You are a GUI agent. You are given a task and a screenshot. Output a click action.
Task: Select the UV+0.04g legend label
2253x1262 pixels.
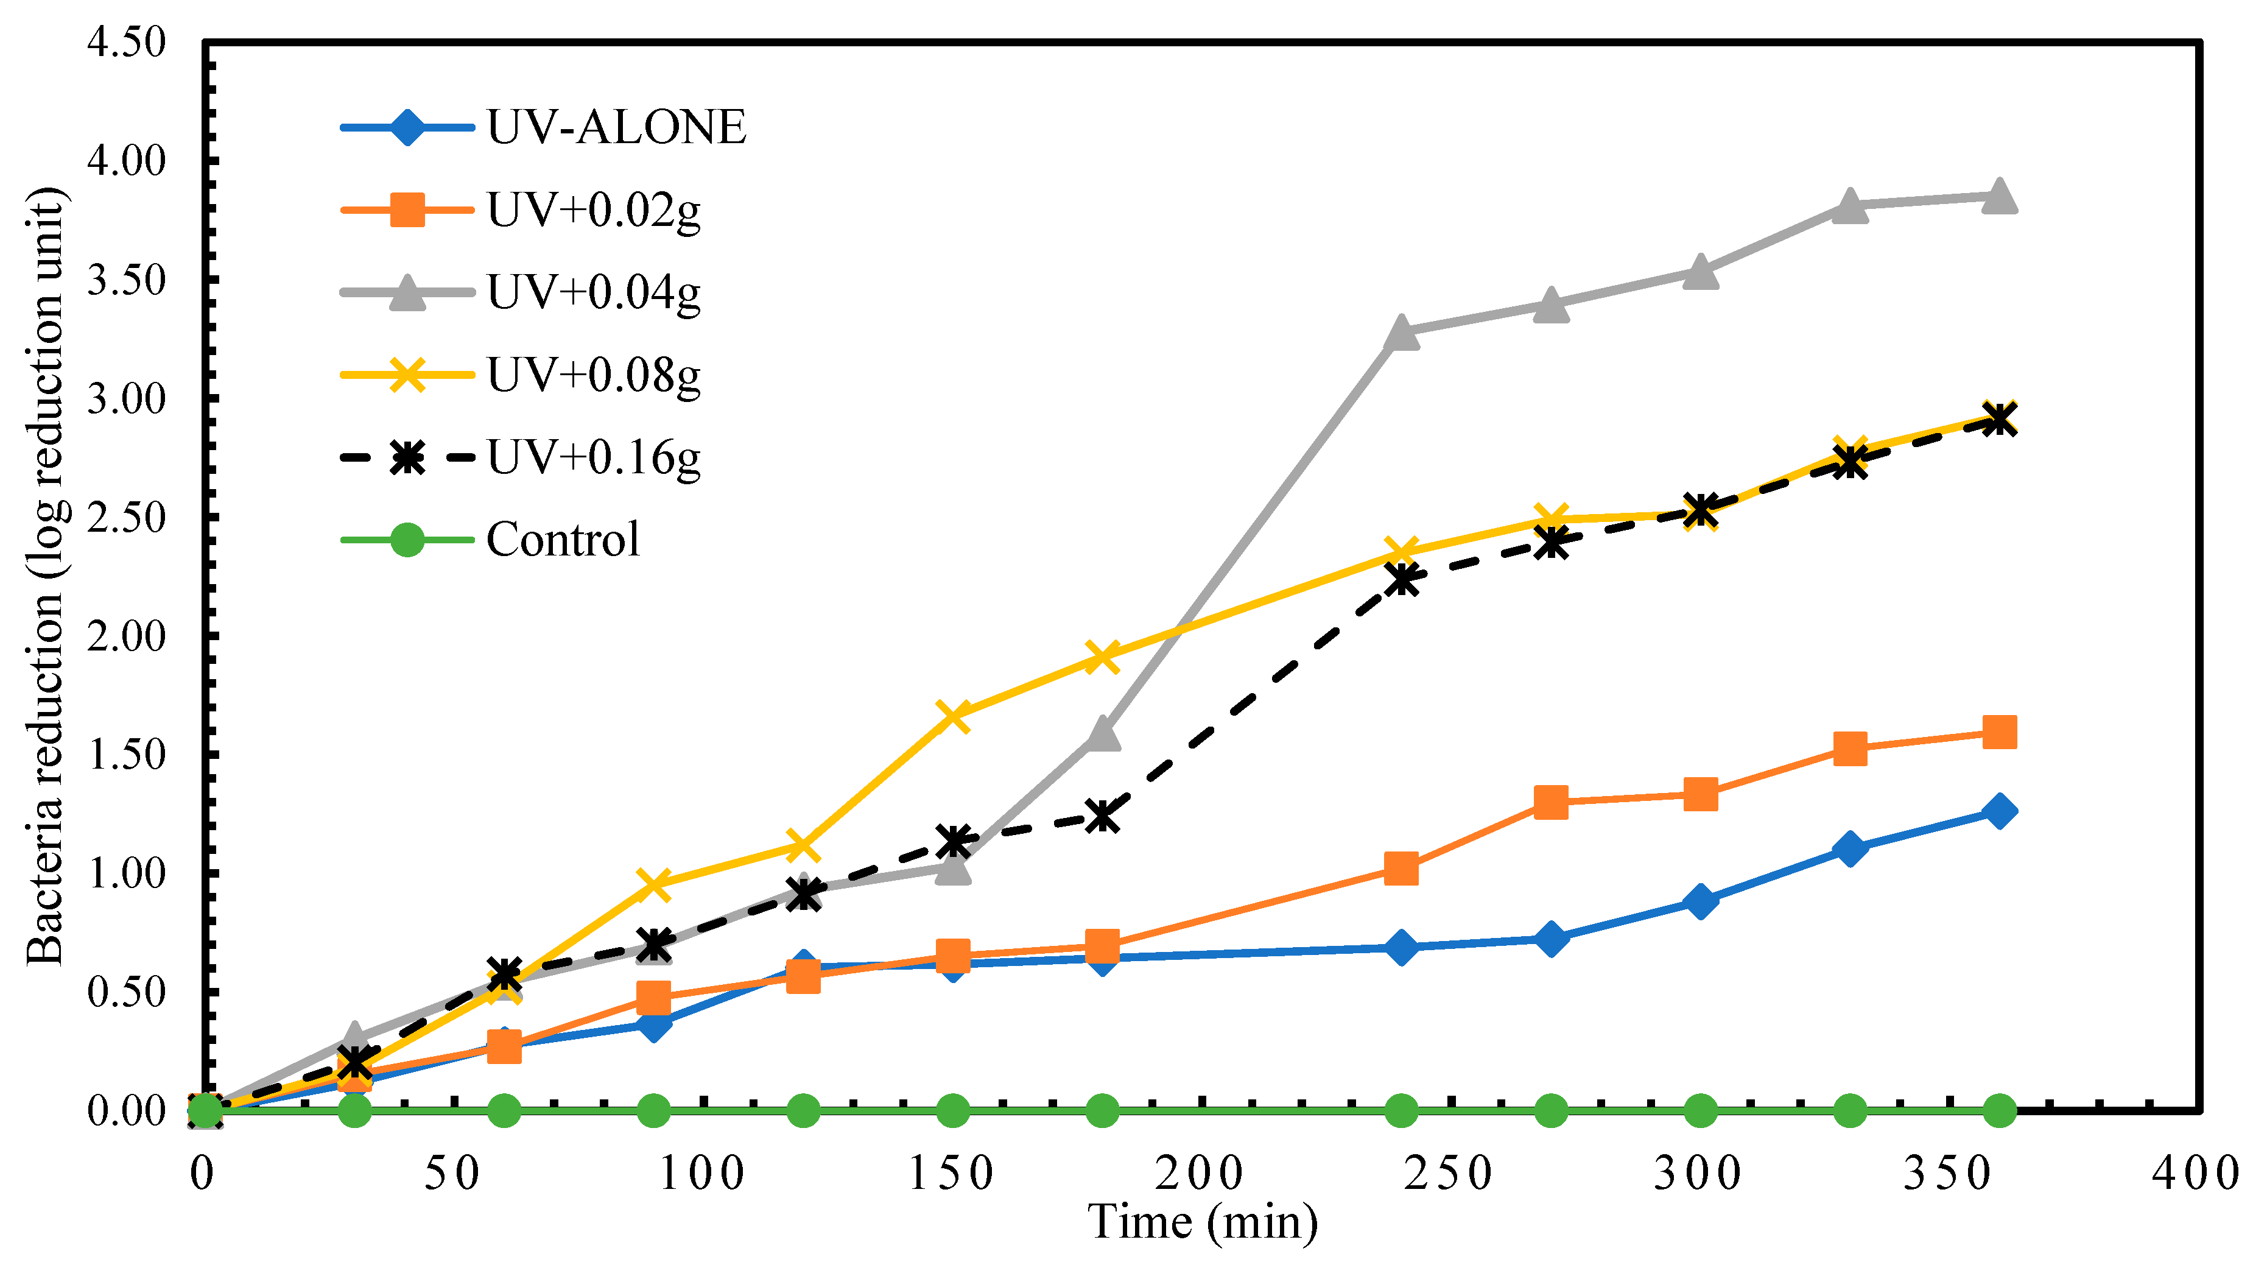[x=594, y=292]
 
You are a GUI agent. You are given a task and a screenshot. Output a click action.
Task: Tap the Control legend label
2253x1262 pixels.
[x=563, y=540]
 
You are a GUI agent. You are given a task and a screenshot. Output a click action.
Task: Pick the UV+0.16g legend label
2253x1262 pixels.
[x=594, y=457]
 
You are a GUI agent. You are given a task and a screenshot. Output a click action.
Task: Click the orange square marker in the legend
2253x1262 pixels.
[x=407, y=210]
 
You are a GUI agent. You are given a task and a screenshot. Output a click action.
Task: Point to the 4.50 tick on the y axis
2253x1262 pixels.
[x=126, y=42]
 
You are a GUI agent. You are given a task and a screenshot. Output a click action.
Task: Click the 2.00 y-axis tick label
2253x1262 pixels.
[x=126, y=636]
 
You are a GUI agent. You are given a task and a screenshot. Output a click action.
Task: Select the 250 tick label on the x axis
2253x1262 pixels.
[x=1449, y=1174]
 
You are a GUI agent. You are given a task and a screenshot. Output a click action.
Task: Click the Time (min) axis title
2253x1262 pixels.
[x=1202, y=1222]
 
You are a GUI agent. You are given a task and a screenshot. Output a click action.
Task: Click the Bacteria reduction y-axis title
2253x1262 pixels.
[x=46, y=577]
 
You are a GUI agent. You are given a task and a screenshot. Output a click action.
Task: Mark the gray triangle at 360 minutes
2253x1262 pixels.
[x=1999, y=196]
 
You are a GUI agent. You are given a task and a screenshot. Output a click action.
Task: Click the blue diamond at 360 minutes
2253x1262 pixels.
[x=1999, y=811]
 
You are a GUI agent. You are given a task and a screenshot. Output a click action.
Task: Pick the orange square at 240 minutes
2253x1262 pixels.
[x=1401, y=869]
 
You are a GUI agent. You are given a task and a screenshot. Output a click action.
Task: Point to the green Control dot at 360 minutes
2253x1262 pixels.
[x=1999, y=1111]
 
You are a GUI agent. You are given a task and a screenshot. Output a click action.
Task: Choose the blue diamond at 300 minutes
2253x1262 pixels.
[x=1700, y=901]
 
